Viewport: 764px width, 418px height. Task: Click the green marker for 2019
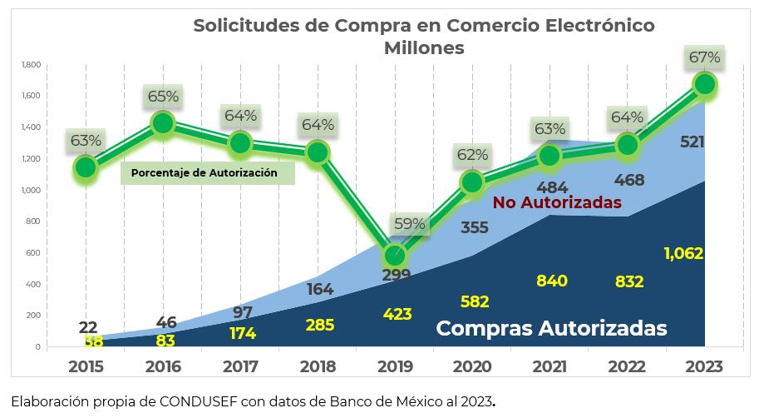pos(396,256)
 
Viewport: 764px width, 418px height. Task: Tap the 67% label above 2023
pos(704,57)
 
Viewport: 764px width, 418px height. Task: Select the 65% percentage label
pos(163,96)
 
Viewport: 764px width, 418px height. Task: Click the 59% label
pos(409,223)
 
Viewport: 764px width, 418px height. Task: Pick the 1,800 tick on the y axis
pos(30,64)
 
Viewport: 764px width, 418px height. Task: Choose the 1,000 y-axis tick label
pos(30,190)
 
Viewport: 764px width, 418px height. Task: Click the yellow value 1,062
pos(683,253)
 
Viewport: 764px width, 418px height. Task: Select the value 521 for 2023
pos(692,142)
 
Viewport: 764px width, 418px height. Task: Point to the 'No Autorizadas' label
pos(557,202)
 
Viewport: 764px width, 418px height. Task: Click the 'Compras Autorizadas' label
pos(551,328)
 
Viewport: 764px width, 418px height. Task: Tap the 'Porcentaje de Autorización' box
pos(209,173)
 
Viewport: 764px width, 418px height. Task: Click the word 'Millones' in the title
pos(424,47)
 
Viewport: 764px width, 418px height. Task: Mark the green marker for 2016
pos(163,123)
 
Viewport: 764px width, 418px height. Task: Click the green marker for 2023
pos(704,84)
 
